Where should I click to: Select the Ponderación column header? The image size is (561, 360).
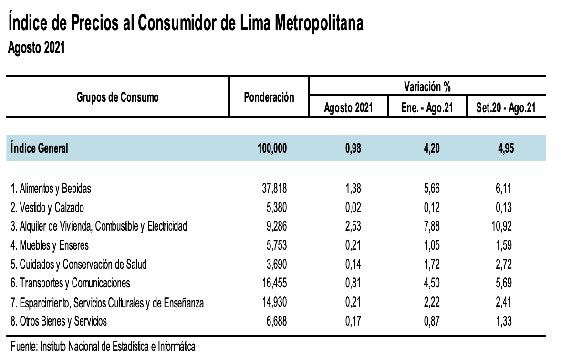coord(269,97)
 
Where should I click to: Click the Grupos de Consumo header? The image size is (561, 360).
coord(117,97)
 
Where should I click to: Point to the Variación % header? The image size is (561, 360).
coord(427,87)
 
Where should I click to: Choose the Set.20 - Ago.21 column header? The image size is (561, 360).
coord(506,108)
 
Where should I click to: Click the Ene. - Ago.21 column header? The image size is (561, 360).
coord(427,108)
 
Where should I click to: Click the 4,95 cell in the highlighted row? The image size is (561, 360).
coord(505,148)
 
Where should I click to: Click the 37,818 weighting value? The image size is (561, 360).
coord(272,189)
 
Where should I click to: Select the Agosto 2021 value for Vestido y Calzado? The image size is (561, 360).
coord(353,208)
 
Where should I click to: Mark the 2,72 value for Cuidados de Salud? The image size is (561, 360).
coord(504,265)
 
